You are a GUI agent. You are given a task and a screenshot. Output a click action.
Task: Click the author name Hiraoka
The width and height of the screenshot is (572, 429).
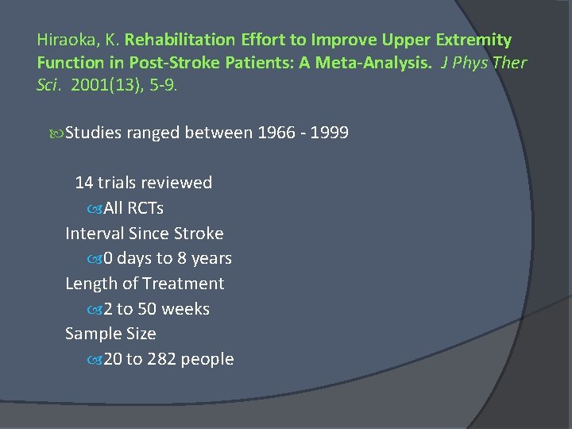pyautogui.click(x=64, y=40)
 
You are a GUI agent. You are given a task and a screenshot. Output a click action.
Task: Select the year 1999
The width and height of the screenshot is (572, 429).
pyautogui.click(x=329, y=133)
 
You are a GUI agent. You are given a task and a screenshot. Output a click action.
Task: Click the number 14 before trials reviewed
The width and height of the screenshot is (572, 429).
pyautogui.click(x=83, y=183)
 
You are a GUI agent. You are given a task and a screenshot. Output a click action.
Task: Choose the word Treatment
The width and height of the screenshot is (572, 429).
pyautogui.click(x=184, y=284)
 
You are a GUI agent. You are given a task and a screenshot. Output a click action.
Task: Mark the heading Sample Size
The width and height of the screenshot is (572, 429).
pyautogui.click(x=110, y=334)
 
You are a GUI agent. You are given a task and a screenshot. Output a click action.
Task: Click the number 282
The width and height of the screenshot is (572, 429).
pyautogui.click(x=161, y=359)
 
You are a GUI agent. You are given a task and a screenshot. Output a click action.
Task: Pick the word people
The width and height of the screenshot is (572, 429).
pyautogui.click(x=207, y=359)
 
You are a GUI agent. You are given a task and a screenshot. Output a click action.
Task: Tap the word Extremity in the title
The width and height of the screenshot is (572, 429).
pyautogui.click(x=473, y=40)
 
